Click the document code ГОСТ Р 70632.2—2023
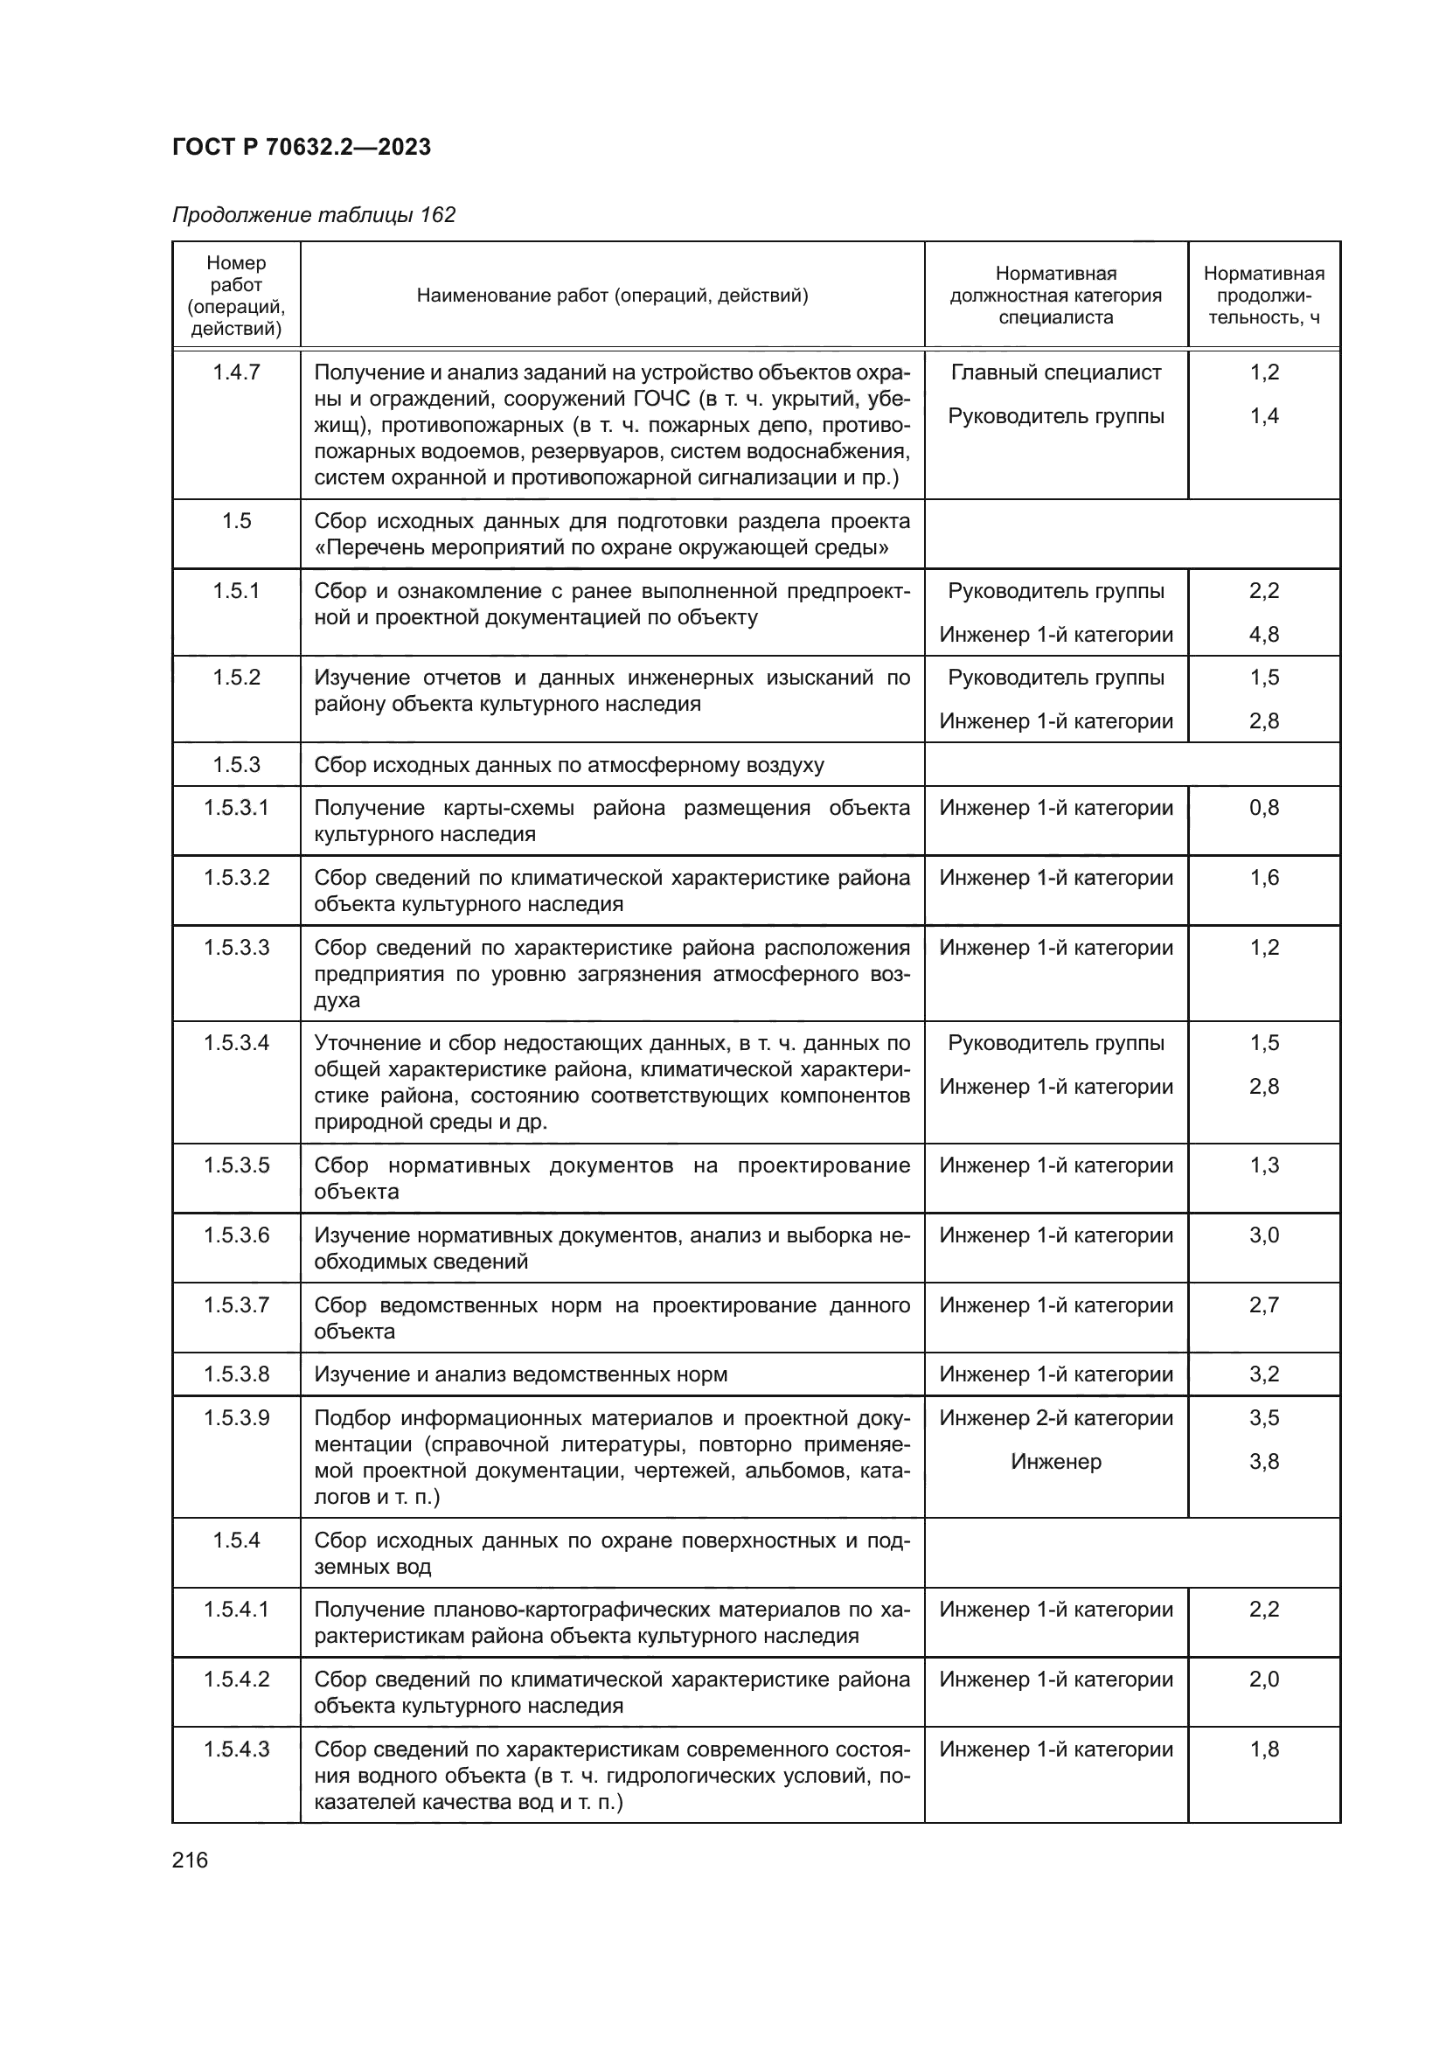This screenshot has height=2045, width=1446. [x=301, y=147]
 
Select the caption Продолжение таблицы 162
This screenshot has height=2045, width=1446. [x=314, y=215]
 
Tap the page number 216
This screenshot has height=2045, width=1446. [x=190, y=1860]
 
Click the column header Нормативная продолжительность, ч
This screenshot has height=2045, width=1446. [x=1263, y=295]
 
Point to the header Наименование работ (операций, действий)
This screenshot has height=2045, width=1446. [x=612, y=295]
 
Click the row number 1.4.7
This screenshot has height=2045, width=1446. [x=236, y=372]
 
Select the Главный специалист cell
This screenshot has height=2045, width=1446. [x=1055, y=372]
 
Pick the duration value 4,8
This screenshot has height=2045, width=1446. [x=1263, y=634]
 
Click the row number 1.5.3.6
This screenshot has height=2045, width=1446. [x=236, y=1235]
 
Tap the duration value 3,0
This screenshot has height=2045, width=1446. [x=1263, y=1235]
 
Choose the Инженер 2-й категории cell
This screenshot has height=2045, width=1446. [x=1055, y=1417]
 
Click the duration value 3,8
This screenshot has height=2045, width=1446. [x=1263, y=1461]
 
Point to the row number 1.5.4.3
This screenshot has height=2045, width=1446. [x=236, y=1749]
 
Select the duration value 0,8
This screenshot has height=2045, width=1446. [x=1263, y=808]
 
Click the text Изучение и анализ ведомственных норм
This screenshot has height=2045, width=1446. [x=520, y=1374]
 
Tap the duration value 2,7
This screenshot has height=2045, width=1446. [x=1263, y=1304]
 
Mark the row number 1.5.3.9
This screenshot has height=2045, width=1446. [x=236, y=1417]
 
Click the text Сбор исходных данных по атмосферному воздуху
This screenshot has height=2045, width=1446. [x=568, y=765]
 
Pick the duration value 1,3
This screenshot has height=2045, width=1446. [x=1263, y=1165]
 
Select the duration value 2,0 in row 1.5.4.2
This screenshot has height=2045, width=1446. [x=1263, y=1679]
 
